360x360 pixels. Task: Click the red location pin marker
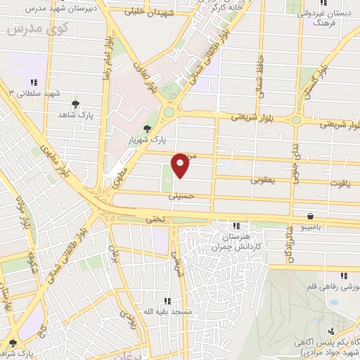coord(181,165)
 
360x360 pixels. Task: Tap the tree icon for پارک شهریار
coord(146,128)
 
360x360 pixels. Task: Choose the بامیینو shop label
coord(309,229)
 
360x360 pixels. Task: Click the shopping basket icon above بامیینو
coord(310,217)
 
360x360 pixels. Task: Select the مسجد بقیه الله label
coord(167,311)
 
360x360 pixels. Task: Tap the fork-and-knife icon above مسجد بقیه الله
coord(167,300)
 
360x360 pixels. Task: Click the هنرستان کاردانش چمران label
coord(237,241)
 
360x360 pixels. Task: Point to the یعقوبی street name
coord(266,180)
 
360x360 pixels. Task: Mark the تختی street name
coord(155,219)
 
